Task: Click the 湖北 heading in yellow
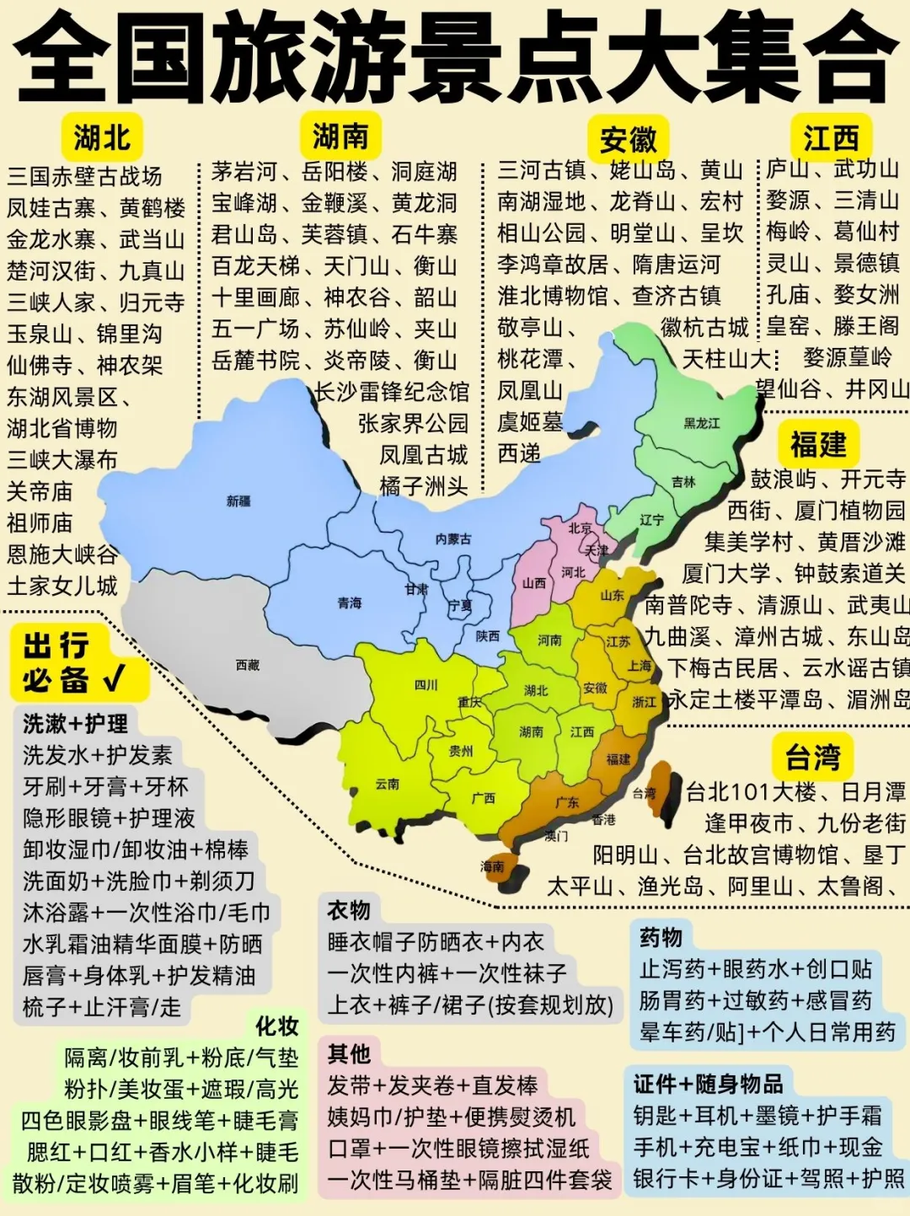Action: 101,137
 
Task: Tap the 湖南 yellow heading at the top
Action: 340,136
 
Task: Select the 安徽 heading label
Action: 628,140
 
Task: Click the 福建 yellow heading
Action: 817,444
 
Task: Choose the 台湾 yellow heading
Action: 812,757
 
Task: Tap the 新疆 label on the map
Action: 238,501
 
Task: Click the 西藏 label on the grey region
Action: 247,666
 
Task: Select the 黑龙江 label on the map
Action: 701,423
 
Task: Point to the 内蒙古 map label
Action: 453,539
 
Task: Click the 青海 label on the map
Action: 349,603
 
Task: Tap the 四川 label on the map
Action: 426,685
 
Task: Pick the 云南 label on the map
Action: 387,784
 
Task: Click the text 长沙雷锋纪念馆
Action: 391,392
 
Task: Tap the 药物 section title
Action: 661,937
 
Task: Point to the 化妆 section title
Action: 277,1026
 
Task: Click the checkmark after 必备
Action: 114,678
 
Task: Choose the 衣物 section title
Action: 348,910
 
